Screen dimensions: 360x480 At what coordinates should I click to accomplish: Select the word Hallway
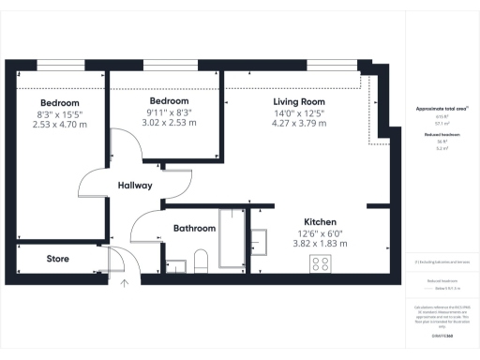pos(135,186)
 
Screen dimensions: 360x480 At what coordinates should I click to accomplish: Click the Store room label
pos(58,259)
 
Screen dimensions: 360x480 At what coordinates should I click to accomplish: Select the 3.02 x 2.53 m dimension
pos(169,122)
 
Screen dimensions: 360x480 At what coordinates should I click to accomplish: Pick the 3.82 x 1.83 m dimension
pos(322,243)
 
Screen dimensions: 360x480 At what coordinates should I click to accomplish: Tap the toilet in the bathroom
pos(199,261)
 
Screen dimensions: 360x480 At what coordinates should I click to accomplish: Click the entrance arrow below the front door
pos(126,282)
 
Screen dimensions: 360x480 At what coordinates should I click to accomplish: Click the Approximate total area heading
pos(442,109)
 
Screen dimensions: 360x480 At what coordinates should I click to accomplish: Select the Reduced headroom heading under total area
pos(442,135)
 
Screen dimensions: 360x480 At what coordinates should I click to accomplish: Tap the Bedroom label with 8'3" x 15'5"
pos(59,103)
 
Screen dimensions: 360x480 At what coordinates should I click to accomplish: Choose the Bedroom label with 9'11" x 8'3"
pos(169,101)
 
